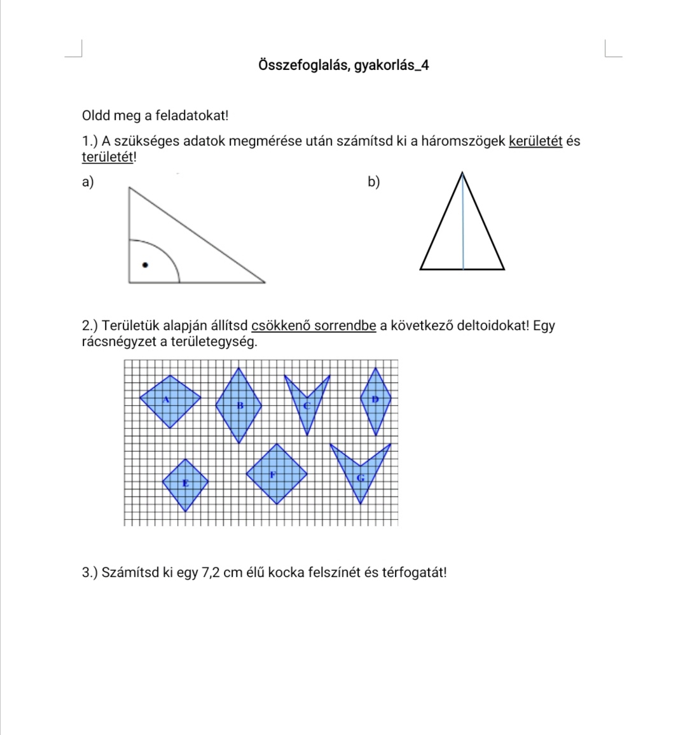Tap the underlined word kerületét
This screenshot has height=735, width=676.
(x=535, y=141)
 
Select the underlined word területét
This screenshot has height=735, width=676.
(x=107, y=157)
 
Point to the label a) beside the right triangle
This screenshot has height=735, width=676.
(x=88, y=183)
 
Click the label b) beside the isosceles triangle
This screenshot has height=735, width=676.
(x=374, y=183)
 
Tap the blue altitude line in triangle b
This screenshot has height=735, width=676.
(x=463, y=223)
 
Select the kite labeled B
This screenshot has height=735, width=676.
(x=238, y=405)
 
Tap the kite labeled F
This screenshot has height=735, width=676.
(x=277, y=474)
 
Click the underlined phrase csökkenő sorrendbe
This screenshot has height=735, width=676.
(x=314, y=326)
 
